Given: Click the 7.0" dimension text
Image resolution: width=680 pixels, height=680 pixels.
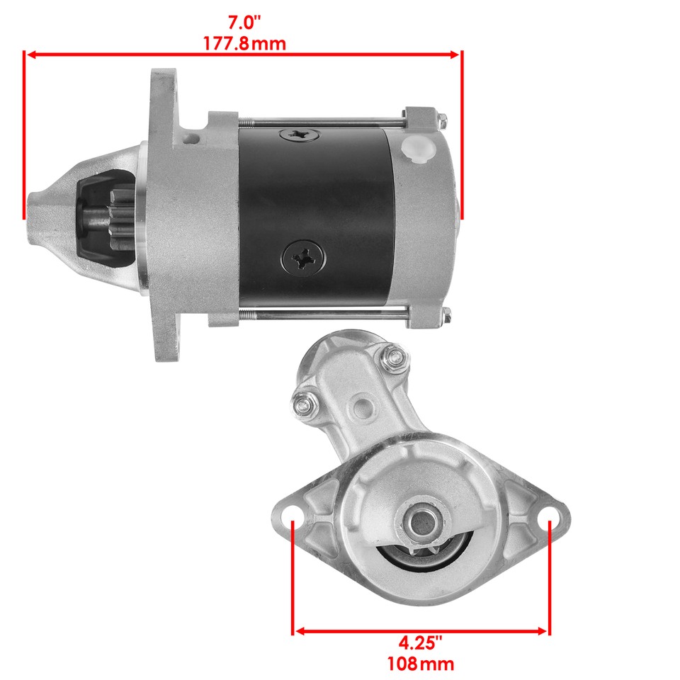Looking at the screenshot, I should pyautogui.click(x=244, y=22).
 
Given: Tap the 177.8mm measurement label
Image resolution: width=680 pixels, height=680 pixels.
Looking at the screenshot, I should pyautogui.click(x=244, y=43).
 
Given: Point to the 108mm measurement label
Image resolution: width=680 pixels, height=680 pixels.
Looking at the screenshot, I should pyautogui.click(x=420, y=664).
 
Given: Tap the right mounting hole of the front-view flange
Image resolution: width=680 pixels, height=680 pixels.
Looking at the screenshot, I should pyautogui.click(x=549, y=523).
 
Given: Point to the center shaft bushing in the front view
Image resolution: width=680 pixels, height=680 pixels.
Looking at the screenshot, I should pyautogui.click(x=421, y=524).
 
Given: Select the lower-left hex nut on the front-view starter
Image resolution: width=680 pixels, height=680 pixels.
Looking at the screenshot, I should pyautogui.click(x=302, y=404).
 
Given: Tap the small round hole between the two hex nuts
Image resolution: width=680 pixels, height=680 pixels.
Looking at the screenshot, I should pyautogui.click(x=361, y=407).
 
